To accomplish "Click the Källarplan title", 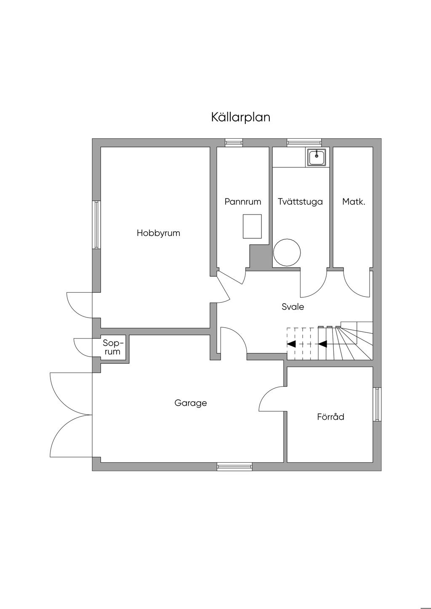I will [240, 117].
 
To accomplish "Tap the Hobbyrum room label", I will [158, 233].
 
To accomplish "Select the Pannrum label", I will [242, 202].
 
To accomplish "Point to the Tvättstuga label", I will [300, 202].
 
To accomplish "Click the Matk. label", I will [354, 202].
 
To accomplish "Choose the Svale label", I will [293, 307].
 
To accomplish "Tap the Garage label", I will [191, 403].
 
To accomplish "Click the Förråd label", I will [330, 417].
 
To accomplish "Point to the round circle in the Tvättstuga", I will [287, 252].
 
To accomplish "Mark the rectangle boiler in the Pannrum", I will [252, 226].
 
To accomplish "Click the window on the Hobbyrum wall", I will [97, 225].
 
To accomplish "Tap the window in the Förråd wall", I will [377, 404].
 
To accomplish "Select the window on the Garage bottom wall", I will [234, 466].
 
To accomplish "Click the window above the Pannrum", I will [234, 143].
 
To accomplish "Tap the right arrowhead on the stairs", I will [322, 344].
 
